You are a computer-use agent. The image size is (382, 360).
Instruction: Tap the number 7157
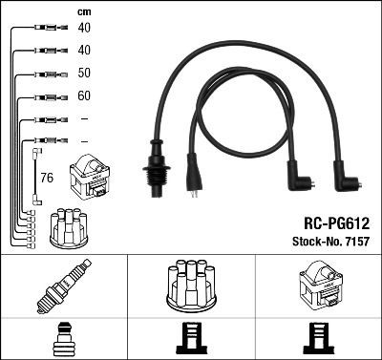354,240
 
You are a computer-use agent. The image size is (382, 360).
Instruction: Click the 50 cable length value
84,73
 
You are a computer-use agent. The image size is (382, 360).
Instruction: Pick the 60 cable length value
84,95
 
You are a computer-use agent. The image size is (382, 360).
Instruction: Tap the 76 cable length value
47,178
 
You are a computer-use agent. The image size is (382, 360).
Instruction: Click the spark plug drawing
63,286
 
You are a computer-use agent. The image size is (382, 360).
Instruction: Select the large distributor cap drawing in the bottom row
191,285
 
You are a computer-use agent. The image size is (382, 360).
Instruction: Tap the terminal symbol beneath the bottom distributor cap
191,340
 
